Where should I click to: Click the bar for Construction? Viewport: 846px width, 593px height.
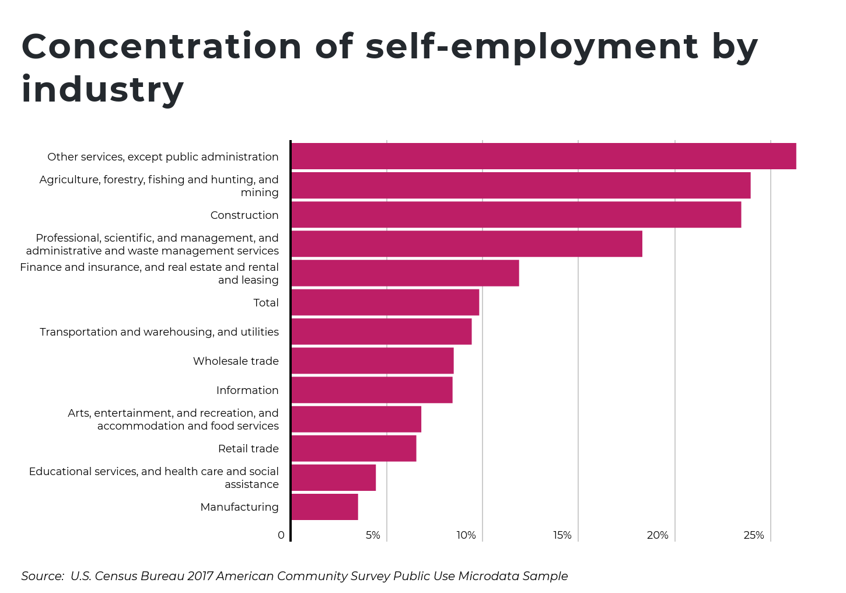click(516, 215)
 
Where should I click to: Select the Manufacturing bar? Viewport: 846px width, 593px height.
click(324, 507)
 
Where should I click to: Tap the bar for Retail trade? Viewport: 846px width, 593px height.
click(354, 448)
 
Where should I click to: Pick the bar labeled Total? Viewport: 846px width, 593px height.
click(385, 302)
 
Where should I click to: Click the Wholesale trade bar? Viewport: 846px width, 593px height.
click(372, 361)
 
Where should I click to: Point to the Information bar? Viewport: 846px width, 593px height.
click(372, 390)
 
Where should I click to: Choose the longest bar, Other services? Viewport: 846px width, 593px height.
click(543, 156)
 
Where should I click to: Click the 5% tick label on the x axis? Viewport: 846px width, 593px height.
click(373, 535)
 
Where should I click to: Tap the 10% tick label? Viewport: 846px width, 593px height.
click(466, 535)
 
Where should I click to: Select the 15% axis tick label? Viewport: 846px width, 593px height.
click(562, 535)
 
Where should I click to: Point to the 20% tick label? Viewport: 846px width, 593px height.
click(658, 535)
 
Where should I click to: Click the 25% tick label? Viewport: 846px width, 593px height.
click(754, 535)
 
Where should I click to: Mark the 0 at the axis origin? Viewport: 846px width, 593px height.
click(281, 535)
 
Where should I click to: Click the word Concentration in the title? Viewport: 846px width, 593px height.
click(162, 47)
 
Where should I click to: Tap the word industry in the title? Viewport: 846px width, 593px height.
click(103, 90)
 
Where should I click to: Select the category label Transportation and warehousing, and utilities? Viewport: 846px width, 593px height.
click(159, 332)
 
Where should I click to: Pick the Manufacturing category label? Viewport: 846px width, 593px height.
click(239, 507)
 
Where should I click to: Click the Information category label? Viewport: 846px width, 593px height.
click(247, 390)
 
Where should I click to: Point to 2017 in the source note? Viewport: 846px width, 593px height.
click(200, 576)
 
